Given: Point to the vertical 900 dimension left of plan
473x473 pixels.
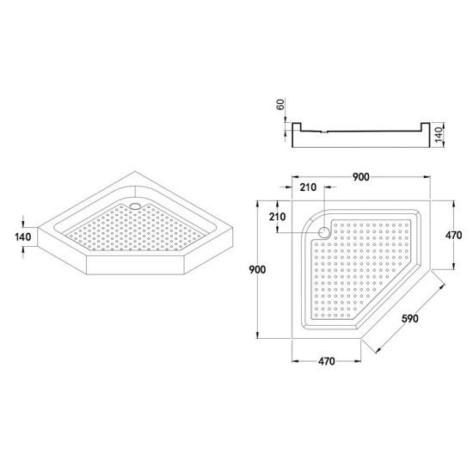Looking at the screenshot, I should click(251, 269).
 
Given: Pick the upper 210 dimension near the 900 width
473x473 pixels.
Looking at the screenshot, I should click(308, 188).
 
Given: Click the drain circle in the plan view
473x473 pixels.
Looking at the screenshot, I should click(324, 230).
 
